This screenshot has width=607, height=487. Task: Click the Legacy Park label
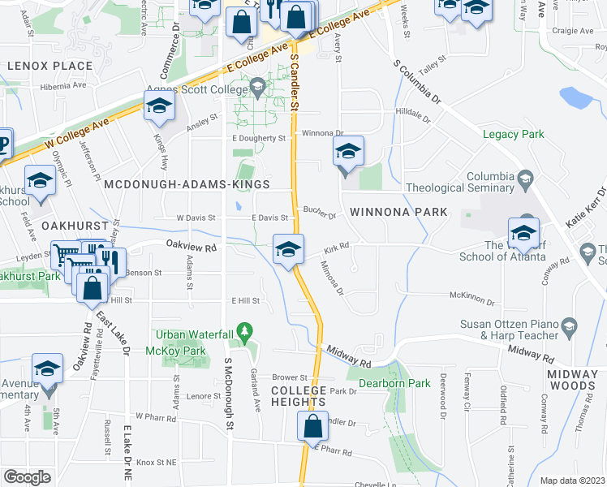point(514,135)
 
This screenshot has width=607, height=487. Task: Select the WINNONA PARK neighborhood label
point(398,212)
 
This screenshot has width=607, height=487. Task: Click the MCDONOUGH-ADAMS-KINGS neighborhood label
point(187,185)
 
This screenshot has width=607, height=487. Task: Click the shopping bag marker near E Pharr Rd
point(312,426)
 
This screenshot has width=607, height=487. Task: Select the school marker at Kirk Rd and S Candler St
point(288,249)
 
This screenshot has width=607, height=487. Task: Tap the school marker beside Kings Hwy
point(159,106)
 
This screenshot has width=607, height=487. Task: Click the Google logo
point(27,477)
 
